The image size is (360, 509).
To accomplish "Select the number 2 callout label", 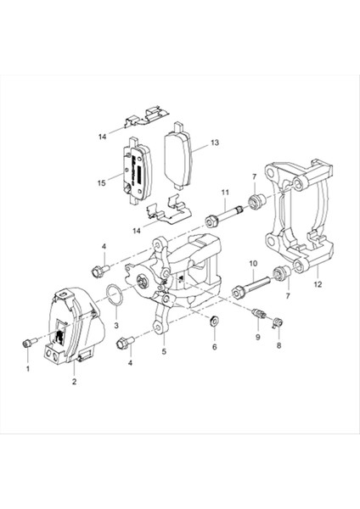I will coord(74,383).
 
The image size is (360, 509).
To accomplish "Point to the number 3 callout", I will coord(116,326).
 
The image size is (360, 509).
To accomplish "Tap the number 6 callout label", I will coord(214,347).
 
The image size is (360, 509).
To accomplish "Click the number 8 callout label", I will coord(278,347).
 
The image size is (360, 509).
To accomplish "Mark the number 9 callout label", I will coord(258,338).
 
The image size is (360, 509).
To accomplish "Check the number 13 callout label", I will coord(215,143).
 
